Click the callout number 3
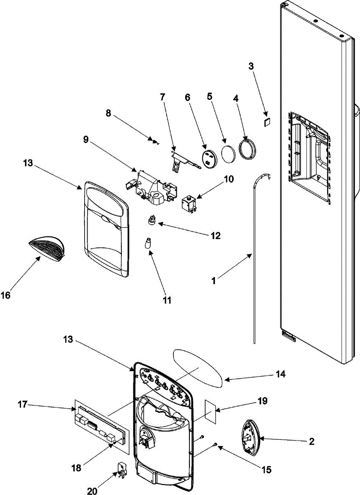tap(251, 66)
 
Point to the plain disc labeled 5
tap(229, 154)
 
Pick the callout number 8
tap(108, 113)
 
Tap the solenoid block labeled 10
tap(189, 203)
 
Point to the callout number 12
tap(216, 236)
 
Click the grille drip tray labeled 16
tap(47, 250)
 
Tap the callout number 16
tap(5, 295)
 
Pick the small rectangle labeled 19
tap(211, 412)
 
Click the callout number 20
tap(92, 490)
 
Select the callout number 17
tap(23, 405)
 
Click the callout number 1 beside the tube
tap(213, 281)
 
